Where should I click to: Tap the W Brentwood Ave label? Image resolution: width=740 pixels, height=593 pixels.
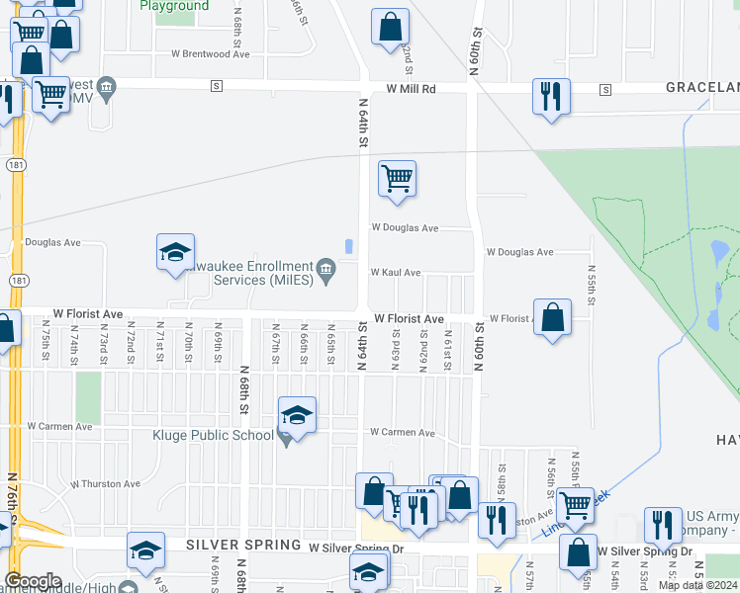point(210,54)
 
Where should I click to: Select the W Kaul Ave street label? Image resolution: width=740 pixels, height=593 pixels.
point(396,272)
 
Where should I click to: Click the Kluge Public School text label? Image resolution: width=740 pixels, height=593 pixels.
point(213,435)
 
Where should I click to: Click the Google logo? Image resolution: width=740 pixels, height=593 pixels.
point(32,581)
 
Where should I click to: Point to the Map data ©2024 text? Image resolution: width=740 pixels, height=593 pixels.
point(696,585)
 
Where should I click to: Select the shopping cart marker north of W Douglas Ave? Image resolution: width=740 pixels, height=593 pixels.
point(397,180)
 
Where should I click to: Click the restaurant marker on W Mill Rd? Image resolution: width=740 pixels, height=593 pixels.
point(551,97)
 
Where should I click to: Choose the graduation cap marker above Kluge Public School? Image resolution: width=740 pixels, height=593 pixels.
point(297,415)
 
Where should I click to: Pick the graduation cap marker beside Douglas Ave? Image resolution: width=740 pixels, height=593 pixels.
point(175,252)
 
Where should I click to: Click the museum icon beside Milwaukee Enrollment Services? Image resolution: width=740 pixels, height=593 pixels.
point(325,267)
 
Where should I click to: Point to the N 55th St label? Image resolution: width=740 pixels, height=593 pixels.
point(592,284)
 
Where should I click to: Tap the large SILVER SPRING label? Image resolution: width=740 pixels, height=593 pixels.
point(243,546)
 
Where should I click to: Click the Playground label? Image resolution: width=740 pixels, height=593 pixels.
point(174,6)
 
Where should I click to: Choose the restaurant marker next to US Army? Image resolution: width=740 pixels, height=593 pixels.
point(662,525)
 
